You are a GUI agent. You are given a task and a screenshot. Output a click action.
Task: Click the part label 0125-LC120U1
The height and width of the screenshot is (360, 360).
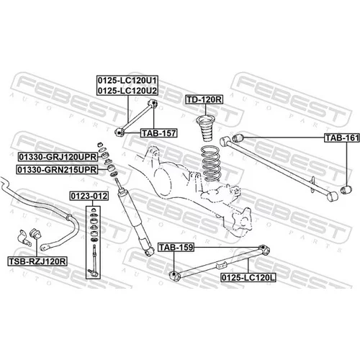click(127, 81)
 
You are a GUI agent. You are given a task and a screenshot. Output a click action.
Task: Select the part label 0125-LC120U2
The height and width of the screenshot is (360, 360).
click(127, 91)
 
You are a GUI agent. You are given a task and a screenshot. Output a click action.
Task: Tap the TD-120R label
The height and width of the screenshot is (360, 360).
click(204, 99)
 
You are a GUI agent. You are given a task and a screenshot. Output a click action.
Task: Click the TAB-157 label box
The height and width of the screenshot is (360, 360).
click(159, 133)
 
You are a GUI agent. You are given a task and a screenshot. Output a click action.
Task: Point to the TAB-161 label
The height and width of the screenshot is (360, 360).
click(342, 138)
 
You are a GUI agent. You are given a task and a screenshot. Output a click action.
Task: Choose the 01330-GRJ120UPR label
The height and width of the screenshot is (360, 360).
click(58, 157)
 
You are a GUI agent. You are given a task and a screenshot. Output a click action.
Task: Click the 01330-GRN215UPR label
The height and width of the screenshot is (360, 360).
click(57, 170)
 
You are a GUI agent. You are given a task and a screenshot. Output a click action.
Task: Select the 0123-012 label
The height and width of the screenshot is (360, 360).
click(89, 196)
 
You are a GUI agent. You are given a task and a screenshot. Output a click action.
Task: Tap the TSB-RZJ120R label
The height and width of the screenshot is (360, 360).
click(37, 261)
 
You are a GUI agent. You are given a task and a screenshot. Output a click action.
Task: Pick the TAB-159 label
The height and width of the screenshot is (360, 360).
click(176, 247)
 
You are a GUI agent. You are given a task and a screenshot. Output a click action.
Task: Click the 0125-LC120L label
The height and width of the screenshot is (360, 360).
click(248, 278)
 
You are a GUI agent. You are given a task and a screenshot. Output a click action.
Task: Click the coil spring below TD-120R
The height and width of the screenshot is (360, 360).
click(211, 163)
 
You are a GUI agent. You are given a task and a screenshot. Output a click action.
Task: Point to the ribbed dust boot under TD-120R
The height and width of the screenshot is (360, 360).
click(205, 129)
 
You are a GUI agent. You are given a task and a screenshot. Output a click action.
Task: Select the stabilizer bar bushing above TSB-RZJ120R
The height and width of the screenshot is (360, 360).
click(36, 233)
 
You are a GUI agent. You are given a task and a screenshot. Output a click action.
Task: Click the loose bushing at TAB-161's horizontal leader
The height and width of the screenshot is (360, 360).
click(238, 138)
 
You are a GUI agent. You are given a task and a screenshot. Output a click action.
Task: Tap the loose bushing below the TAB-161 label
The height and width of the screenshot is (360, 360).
click(346, 189)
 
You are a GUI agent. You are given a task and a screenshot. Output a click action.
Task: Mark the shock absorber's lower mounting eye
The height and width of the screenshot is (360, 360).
click(149, 251)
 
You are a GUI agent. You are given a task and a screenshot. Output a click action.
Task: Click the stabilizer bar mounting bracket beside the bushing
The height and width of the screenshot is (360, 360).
click(24, 238)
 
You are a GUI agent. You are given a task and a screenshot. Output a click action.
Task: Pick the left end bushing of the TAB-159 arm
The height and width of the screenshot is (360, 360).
click(175, 276)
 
